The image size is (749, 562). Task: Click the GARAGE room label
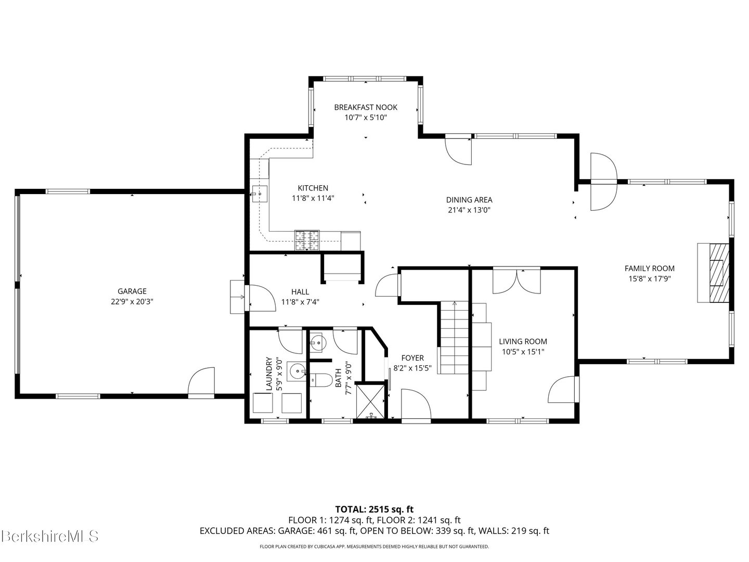[132, 291]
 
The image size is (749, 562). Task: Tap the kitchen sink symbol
[260, 194]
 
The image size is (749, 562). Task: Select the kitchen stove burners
[307, 240]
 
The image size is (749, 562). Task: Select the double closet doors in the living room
[516, 281]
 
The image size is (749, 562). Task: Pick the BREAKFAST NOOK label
[366, 107]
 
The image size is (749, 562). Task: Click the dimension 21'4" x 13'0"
[469, 210]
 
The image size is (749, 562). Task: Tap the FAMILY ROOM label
[649, 268]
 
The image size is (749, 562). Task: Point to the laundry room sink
[296, 371]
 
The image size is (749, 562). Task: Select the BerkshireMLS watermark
[50, 536]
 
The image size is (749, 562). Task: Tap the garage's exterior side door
[201, 382]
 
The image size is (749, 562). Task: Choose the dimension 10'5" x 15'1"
[523, 352]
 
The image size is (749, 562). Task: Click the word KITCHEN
[313, 188]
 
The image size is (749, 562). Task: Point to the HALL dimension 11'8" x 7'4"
[300, 302]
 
